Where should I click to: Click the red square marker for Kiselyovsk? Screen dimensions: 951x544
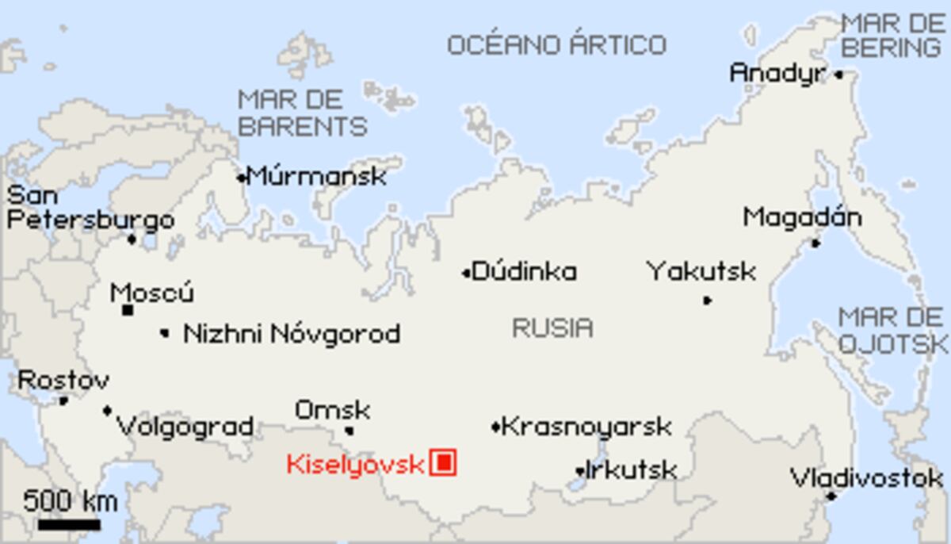pyautogui.click(x=443, y=462)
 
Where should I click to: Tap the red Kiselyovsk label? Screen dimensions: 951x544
pyautogui.click(x=355, y=464)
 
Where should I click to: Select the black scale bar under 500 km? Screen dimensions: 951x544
pyautogui.click(x=69, y=524)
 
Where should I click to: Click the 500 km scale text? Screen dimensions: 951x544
pyautogui.click(x=70, y=501)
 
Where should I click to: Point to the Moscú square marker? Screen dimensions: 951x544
pyautogui.click(x=127, y=310)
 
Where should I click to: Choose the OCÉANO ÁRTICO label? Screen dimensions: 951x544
pyautogui.click(x=556, y=45)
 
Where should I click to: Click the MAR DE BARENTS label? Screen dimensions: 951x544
pyautogui.click(x=303, y=113)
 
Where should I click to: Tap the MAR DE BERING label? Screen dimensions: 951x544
pyautogui.click(x=892, y=36)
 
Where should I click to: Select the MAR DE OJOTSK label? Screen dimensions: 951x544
pyautogui.click(x=892, y=330)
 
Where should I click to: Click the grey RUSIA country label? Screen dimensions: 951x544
pyautogui.click(x=552, y=328)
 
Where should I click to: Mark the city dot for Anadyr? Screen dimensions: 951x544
pyautogui.click(x=838, y=75)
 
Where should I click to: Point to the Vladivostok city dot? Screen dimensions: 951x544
pyautogui.click(x=831, y=496)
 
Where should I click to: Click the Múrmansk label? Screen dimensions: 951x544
pyautogui.click(x=316, y=176)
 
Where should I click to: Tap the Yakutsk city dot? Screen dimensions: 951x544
pyautogui.click(x=706, y=301)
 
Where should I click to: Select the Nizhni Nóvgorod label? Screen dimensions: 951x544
pyautogui.click(x=291, y=334)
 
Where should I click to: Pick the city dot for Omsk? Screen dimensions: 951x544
pyautogui.click(x=349, y=431)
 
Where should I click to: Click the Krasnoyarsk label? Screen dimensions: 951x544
pyautogui.click(x=586, y=427)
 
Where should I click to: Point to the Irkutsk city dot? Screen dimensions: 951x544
pyautogui.click(x=579, y=472)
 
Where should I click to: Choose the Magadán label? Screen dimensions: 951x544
pyautogui.click(x=802, y=217)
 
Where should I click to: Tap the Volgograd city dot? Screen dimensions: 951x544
pyautogui.click(x=107, y=411)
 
